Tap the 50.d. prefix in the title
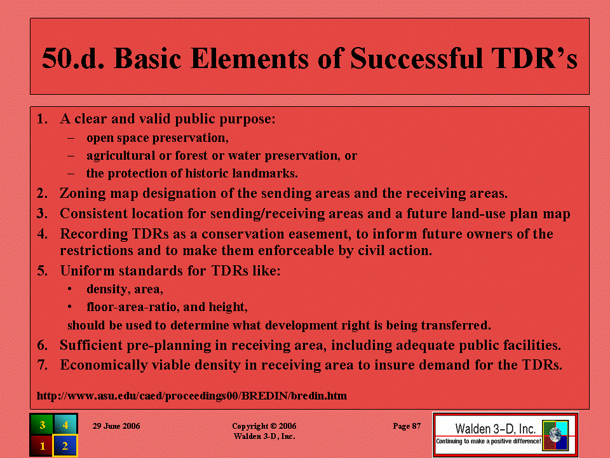coord(73,59)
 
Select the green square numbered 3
coord(42,424)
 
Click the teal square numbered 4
coord(65,424)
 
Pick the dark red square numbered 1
coord(42,445)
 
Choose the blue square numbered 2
coord(65,445)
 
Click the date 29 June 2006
coord(116,426)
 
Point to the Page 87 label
coord(407,426)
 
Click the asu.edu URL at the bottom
coord(192,396)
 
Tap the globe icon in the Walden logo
coord(555,435)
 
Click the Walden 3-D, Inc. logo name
coord(495,429)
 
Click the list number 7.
coord(43,365)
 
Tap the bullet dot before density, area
coord(70,289)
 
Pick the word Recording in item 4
coord(94,234)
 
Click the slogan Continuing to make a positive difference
coord(488,441)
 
